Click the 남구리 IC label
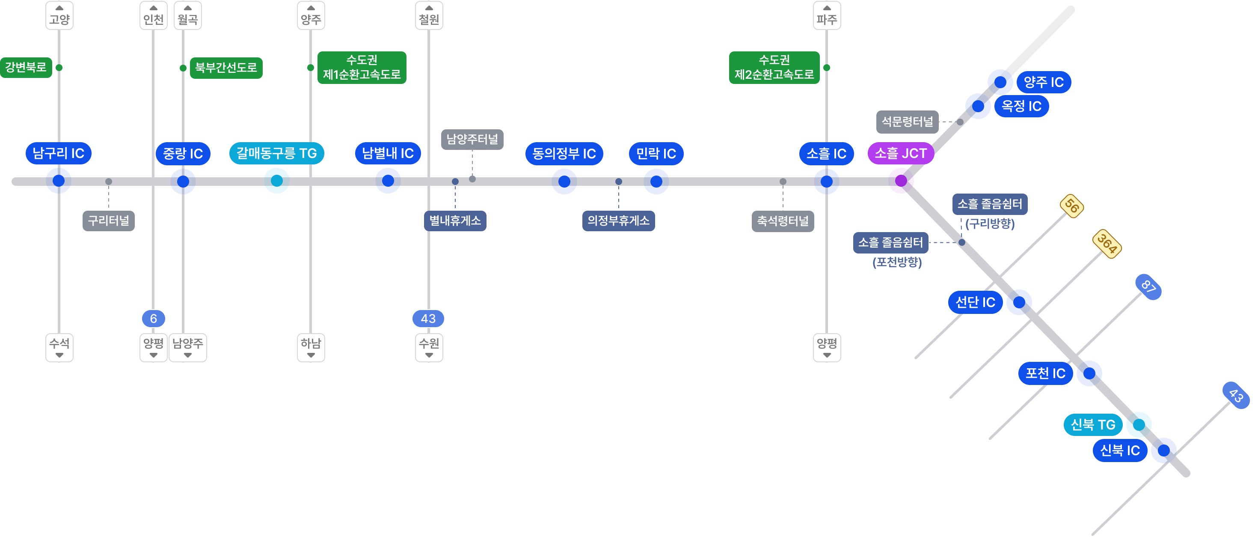pos(59,154)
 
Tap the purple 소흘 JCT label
pos(900,154)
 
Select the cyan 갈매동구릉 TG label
pos(276,154)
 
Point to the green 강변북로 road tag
pos(26,67)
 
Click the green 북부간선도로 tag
pos(226,68)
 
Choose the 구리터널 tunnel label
pos(108,221)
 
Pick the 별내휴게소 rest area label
pos(455,221)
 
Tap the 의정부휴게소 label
pos(618,221)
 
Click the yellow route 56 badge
pos(1072,206)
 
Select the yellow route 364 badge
pos(1107,243)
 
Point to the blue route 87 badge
pos(1148,286)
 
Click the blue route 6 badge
pos(154,319)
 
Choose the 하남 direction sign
pos(311,347)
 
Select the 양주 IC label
pos(1044,82)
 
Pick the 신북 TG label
pos(1093,425)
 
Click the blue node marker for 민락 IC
pos(656,182)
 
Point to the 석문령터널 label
pos(907,122)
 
